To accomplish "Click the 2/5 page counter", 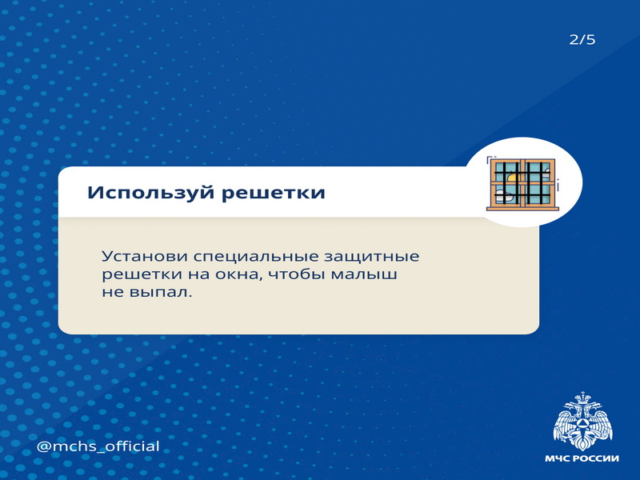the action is point(582,39).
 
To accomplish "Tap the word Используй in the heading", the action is point(151,193).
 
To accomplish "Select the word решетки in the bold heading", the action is point(273,194).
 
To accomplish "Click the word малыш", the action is point(364,274).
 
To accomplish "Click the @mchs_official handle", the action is point(98,446).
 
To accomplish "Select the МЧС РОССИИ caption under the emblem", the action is point(582,458).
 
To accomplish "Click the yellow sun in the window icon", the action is point(512,178).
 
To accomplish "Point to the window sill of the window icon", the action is point(523,209).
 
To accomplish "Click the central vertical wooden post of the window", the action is point(523,182).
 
